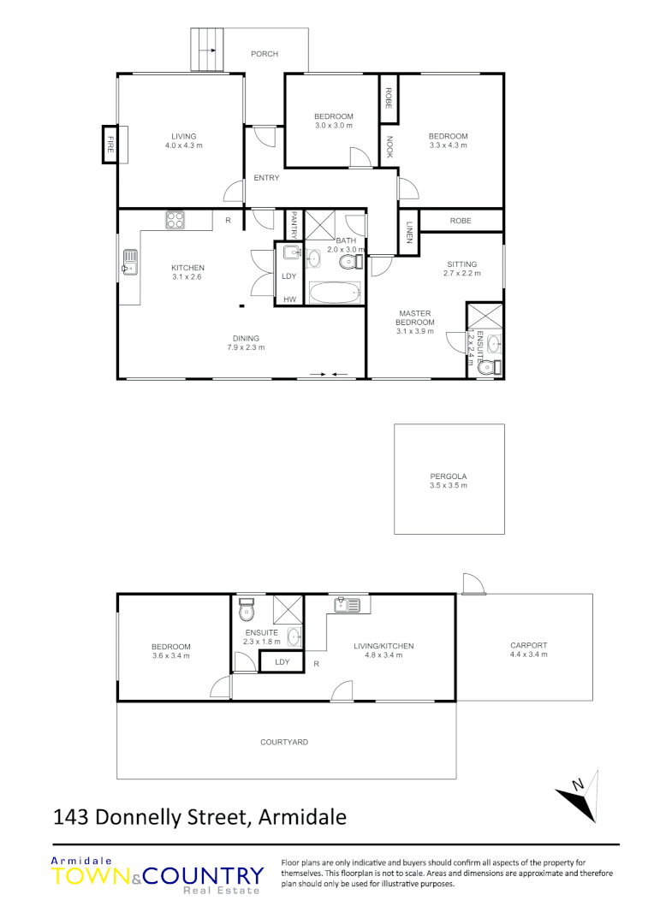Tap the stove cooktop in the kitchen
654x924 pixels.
[x=176, y=220]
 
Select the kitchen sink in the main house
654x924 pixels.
[x=130, y=261]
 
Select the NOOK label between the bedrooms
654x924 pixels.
[x=389, y=148]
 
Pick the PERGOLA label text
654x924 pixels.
[x=449, y=476]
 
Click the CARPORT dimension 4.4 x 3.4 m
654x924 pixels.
[x=528, y=654]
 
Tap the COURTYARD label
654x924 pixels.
[x=284, y=742]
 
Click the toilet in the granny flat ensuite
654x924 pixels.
[x=247, y=609]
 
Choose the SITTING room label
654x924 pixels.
[x=461, y=264]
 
